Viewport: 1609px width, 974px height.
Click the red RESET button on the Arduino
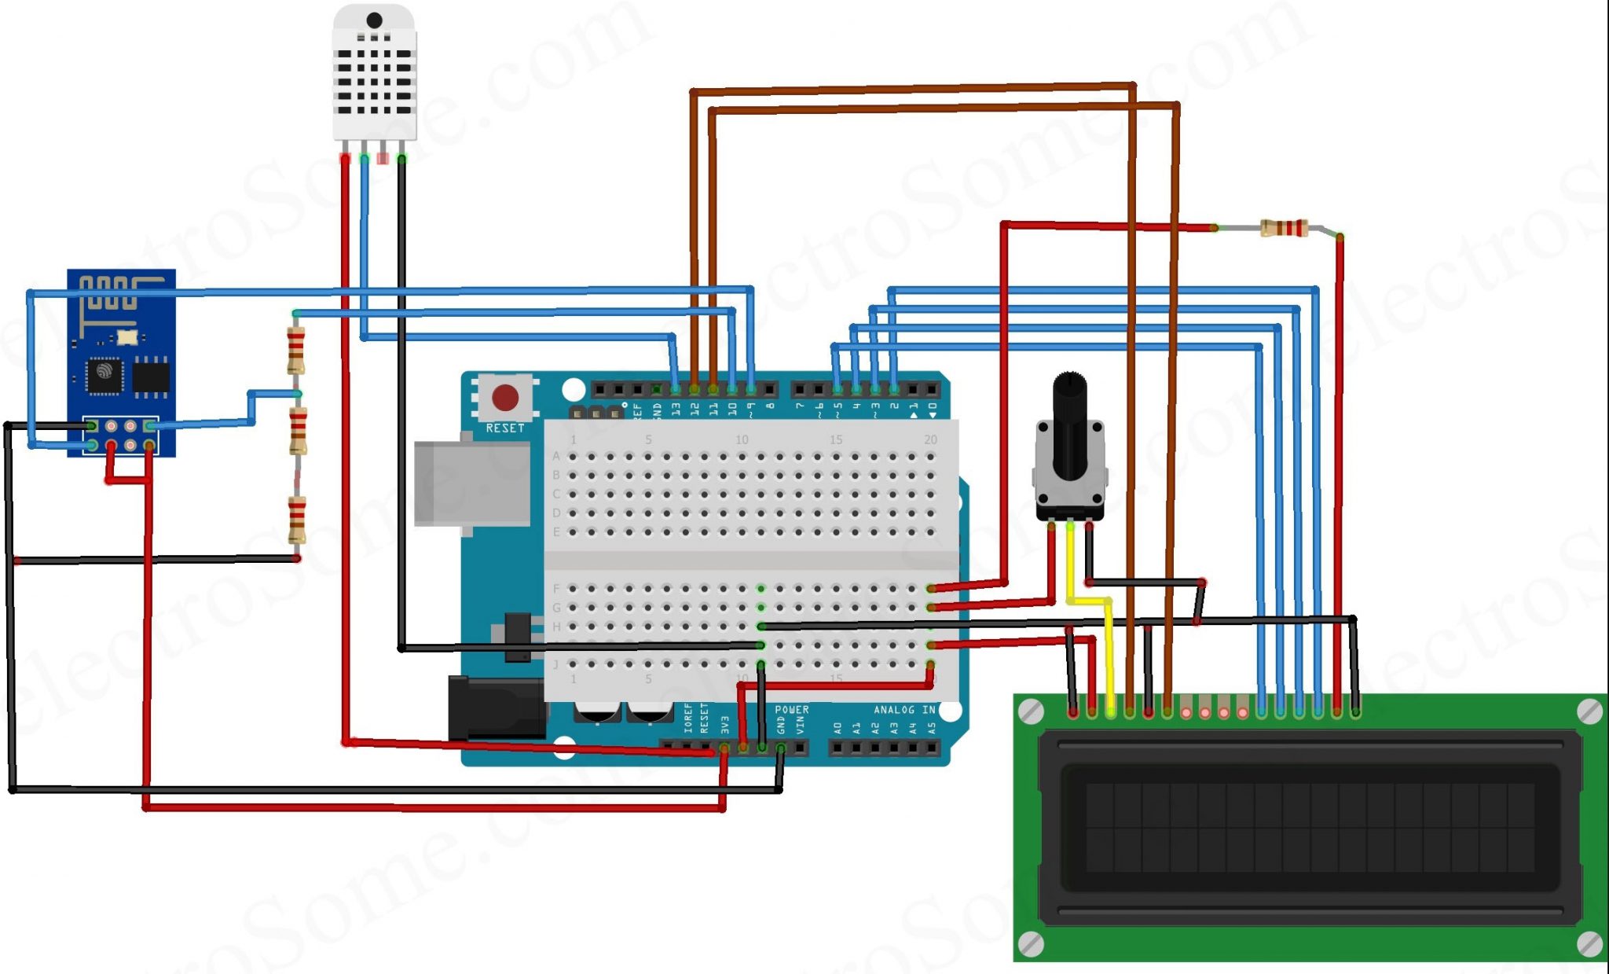(504, 398)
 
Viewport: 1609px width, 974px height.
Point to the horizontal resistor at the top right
(1285, 228)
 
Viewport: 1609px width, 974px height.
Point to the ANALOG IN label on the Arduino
(904, 710)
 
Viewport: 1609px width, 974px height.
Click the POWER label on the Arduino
(791, 710)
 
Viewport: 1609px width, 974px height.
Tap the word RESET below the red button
(504, 428)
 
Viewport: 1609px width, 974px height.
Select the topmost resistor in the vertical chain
(296, 351)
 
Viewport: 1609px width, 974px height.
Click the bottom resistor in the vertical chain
(297, 520)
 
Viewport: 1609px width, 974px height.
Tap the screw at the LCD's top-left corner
(1031, 712)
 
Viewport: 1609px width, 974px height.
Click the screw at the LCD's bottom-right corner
(1589, 943)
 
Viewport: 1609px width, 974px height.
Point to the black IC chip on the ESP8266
(104, 374)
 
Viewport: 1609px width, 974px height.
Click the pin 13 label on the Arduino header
(676, 410)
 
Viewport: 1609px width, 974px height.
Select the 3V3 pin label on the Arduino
(725, 725)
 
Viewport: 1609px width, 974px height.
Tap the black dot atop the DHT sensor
(375, 20)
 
